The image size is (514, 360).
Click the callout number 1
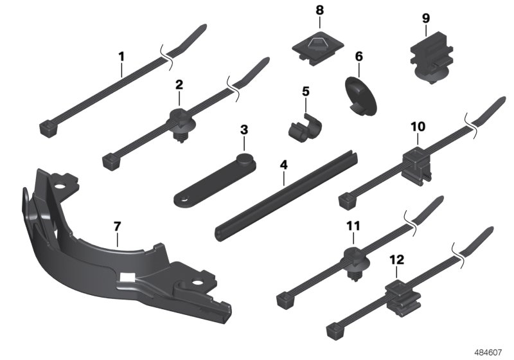click(121, 57)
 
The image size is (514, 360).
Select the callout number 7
click(118, 226)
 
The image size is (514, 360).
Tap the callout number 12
click(396, 260)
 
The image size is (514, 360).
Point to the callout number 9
click(425, 18)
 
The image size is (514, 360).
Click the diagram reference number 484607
click(488, 353)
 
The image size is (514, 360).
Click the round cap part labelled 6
click(360, 96)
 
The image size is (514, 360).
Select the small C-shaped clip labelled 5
click(304, 127)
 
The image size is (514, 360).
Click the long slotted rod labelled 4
click(286, 196)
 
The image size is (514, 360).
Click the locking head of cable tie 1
click(49, 129)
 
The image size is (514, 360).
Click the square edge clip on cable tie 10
click(416, 166)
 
